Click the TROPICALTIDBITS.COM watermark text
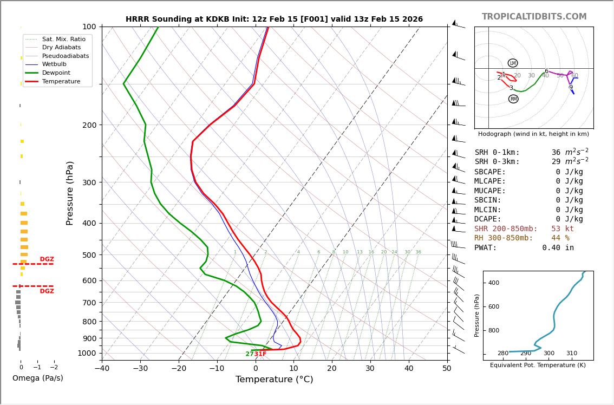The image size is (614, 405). [x=534, y=17]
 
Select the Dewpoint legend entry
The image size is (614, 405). [x=56, y=73]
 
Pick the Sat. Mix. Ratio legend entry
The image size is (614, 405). [x=63, y=39]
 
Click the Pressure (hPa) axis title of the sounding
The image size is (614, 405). [x=70, y=193]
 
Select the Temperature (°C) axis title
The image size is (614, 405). [x=274, y=380]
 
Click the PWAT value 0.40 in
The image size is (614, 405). [x=558, y=248]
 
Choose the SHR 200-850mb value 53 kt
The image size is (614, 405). [x=562, y=229]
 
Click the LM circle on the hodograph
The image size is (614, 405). [x=513, y=63]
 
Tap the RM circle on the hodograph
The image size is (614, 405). [x=513, y=99]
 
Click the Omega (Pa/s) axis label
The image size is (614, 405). [x=37, y=378]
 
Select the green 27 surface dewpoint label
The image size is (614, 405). [x=249, y=354]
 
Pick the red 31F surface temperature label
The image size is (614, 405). [x=260, y=354]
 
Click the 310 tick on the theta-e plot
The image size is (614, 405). [x=572, y=354]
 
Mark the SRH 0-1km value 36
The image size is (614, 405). [x=556, y=153]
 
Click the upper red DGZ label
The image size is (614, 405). [x=47, y=259]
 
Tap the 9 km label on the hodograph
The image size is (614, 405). [x=571, y=88]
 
